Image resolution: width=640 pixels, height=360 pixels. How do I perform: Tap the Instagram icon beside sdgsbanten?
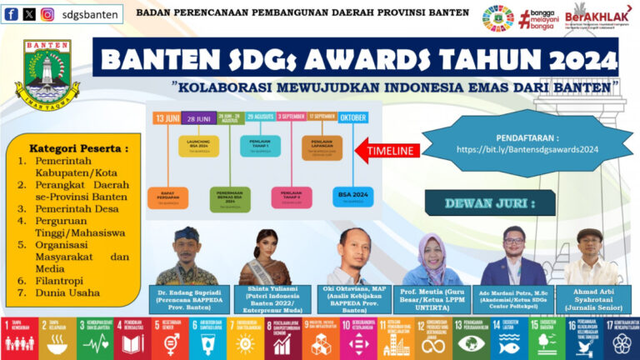tap(47, 14)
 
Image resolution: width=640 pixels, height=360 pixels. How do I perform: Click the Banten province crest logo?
tap(47, 76)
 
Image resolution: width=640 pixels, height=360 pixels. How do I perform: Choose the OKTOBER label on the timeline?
tap(352, 118)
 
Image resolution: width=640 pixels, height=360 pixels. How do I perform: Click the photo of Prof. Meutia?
tap(434, 257)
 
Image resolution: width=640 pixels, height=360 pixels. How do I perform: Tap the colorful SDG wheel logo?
tap(497, 17)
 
